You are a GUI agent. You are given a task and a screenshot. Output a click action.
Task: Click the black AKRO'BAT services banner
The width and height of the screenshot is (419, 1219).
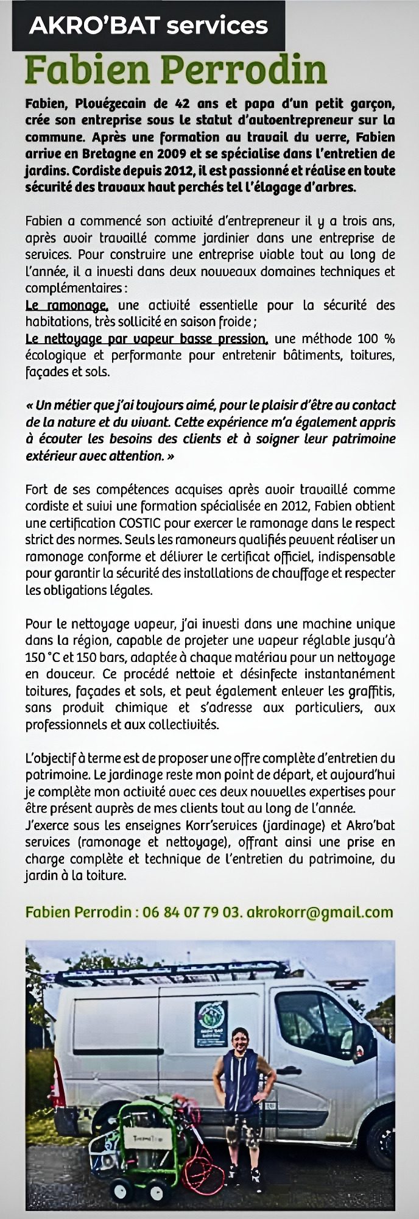pos(149,25)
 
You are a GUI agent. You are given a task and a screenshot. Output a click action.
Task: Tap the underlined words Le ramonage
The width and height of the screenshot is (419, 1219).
pos(67,305)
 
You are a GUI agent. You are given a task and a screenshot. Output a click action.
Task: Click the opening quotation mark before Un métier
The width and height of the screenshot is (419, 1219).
pos(30,405)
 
